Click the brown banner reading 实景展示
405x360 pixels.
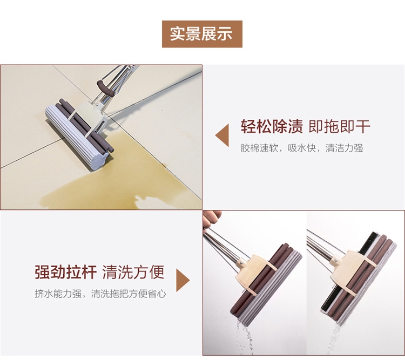[x=202, y=34]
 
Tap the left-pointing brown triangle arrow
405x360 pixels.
[x=222, y=135]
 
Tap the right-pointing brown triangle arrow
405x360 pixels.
[x=183, y=280]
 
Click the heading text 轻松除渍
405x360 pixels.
[x=272, y=126]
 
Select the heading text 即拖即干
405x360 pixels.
[x=340, y=126]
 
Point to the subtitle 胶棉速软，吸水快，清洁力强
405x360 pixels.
[x=302, y=148]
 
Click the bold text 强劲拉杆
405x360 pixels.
[x=65, y=271]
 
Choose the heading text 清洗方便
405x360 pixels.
[x=133, y=271]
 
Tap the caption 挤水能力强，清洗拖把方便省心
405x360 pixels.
[x=100, y=294]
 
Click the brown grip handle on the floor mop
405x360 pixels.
[x=105, y=89]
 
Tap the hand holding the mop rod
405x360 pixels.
[x=211, y=220]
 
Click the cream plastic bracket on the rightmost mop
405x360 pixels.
[x=349, y=270]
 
